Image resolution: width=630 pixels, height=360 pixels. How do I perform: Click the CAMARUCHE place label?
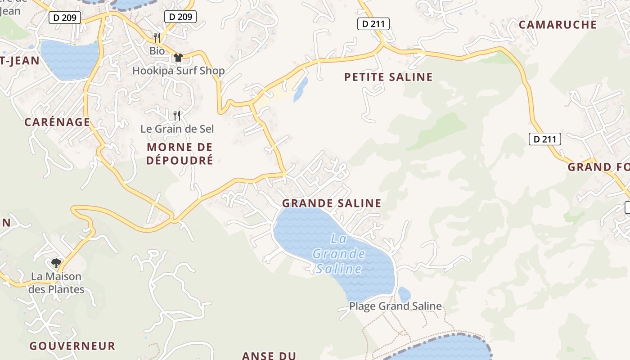click(558, 25)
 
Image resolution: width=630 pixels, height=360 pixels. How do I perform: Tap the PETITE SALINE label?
click(388, 77)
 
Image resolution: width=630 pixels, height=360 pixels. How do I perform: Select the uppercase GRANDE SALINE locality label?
click(332, 203)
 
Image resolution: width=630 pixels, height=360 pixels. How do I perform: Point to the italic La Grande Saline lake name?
click(339, 254)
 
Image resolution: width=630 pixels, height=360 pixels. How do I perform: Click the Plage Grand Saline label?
click(396, 306)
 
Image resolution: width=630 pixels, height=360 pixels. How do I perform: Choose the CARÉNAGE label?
click(57, 122)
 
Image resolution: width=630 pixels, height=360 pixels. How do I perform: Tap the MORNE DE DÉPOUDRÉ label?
click(180, 153)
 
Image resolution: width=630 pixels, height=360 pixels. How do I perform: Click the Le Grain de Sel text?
click(177, 129)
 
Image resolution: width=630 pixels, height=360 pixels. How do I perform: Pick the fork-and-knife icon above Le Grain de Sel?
click(177, 116)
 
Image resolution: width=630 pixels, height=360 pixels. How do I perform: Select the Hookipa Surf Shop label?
click(178, 71)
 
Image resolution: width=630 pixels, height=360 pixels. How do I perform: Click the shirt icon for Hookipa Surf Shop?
click(178, 58)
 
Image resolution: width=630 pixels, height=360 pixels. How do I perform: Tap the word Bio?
click(157, 51)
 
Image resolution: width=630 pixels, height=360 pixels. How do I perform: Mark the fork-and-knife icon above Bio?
click(157, 37)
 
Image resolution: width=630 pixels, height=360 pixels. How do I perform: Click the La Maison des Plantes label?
click(56, 283)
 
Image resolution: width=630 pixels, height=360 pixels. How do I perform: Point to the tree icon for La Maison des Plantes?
click(56, 263)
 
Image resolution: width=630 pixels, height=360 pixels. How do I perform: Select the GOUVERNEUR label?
click(72, 346)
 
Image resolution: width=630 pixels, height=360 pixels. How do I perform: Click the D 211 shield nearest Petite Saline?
click(373, 24)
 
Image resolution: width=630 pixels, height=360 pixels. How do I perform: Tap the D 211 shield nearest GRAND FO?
click(544, 139)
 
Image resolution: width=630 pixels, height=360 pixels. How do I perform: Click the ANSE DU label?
click(269, 355)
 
